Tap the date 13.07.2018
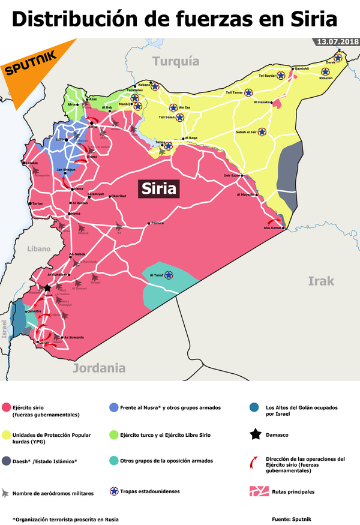tap(334, 43)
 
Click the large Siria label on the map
tap(159, 189)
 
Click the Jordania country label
tap(100, 368)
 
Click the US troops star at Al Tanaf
tap(169, 275)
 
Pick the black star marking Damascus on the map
tap(46, 288)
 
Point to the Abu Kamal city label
tap(272, 227)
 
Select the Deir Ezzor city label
tap(232, 175)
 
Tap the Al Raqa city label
tap(191, 138)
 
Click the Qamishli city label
tap(301, 69)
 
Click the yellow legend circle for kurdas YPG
tap(7, 434)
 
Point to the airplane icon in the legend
tap(7, 492)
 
